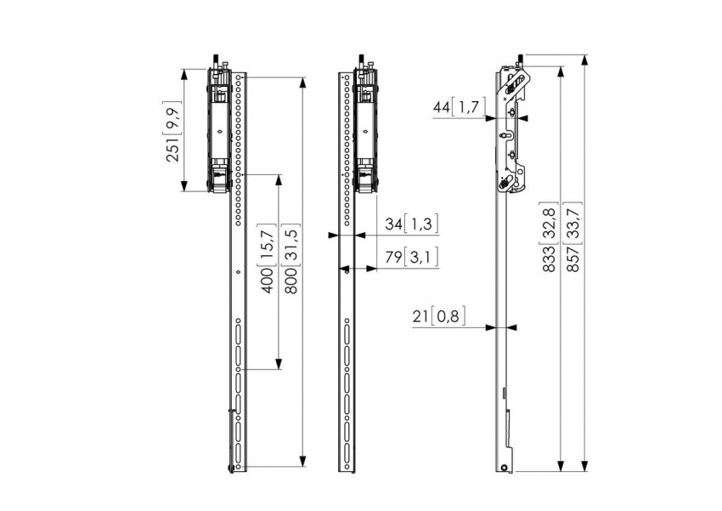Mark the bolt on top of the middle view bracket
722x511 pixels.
361,62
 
